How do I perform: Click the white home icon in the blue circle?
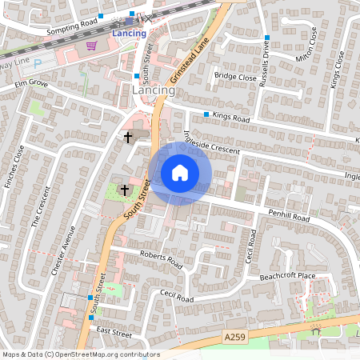[x=180, y=173]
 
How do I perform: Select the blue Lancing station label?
[x=129, y=34]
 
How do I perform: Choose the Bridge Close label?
[x=236, y=78]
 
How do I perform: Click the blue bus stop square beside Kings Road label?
[x=206, y=115]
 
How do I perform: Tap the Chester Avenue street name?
[x=63, y=250]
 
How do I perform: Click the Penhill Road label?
[x=289, y=217]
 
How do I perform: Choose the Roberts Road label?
[x=161, y=259]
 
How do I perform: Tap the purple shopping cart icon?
[x=91, y=46]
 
